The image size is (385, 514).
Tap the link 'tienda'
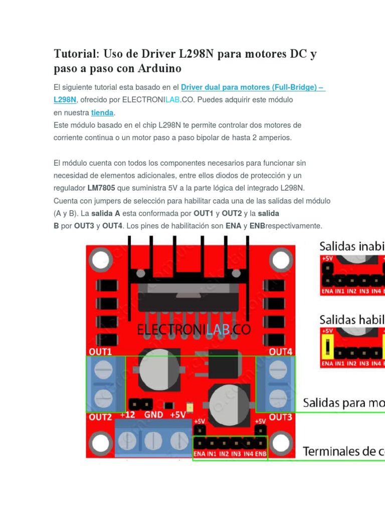coord(102,112)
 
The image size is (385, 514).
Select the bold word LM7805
coord(101,188)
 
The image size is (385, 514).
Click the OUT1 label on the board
coord(101,351)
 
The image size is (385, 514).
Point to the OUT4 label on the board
coord(281,351)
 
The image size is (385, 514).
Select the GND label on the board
coord(153,415)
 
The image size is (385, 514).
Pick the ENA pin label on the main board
coord(199,454)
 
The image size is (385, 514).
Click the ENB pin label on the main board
coord(261,454)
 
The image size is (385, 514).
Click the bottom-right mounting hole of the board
coord(281,442)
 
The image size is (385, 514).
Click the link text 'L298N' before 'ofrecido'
coord(65,100)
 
